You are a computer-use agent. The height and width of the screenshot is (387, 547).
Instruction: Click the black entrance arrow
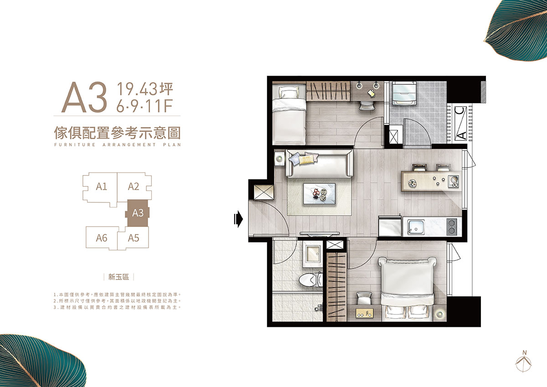pyautogui.click(x=238, y=219)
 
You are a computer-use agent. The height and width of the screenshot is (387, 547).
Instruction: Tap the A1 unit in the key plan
pyautogui.click(x=101, y=186)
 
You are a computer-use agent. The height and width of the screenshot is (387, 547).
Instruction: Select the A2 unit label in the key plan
pyautogui.click(x=133, y=186)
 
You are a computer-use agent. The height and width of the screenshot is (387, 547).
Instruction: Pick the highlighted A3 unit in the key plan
pyautogui.click(x=138, y=213)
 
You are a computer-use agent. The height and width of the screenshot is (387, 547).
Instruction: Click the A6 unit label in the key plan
pyautogui.click(x=102, y=238)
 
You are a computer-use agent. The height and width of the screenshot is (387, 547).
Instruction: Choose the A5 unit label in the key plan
pyautogui.click(x=133, y=238)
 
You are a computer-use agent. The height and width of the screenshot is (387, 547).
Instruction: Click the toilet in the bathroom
pyautogui.click(x=310, y=280)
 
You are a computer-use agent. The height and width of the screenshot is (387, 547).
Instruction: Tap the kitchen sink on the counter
pyautogui.click(x=415, y=227)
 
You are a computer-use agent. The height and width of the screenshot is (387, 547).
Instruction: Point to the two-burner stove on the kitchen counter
pyautogui.click(x=452, y=227)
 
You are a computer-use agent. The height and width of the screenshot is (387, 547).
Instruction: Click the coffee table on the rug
pyautogui.click(x=319, y=193)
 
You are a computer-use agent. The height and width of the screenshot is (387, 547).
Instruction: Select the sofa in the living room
pyautogui.click(x=320, y=163)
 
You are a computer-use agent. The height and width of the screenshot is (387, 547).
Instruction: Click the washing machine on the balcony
pyautogui.click(x=404, y=93)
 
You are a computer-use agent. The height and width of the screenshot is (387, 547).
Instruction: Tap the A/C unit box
pyautogui.click(x=460, y=124)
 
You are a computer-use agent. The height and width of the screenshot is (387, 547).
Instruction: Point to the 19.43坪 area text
pyautogui.click(x=145, y=89)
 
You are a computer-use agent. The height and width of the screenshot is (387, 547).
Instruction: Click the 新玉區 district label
pyautogui.click(x=119, y=277)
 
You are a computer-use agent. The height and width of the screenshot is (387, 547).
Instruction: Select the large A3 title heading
pyautogui.click(x=84, y=97)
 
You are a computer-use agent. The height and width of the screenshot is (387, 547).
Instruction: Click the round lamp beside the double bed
pyautogui.click(x=440, y=315)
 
